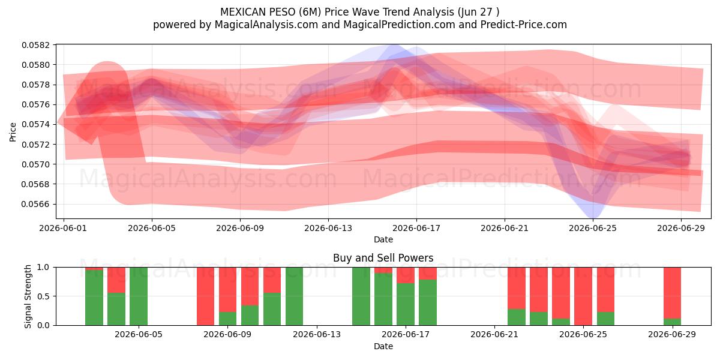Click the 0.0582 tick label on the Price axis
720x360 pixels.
point(36,45)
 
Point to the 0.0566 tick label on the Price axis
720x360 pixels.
point(36,204)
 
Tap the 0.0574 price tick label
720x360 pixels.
point(36,124)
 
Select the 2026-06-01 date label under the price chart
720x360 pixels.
point(64,228)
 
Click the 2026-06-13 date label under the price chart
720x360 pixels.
point(328,228)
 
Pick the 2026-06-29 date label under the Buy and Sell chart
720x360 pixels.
point(672,335)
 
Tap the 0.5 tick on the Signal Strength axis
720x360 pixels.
point(44,296)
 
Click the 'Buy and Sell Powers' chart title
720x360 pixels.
point(383,258)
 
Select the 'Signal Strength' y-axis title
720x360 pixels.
point(28,296)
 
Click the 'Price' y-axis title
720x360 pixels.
point(13,132)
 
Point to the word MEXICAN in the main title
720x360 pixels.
point(242,12)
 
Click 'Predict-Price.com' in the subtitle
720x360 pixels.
point(524,25)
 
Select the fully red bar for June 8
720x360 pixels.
point(205,296)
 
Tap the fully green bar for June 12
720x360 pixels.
point(294,296)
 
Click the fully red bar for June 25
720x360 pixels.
point(583,296)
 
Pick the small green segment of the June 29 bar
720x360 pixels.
point(672,322)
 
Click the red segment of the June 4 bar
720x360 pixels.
point(116,280)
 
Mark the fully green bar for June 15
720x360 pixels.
point(361,296)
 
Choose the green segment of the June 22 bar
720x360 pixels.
point(517,317)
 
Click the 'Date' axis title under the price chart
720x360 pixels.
point(383,239)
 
